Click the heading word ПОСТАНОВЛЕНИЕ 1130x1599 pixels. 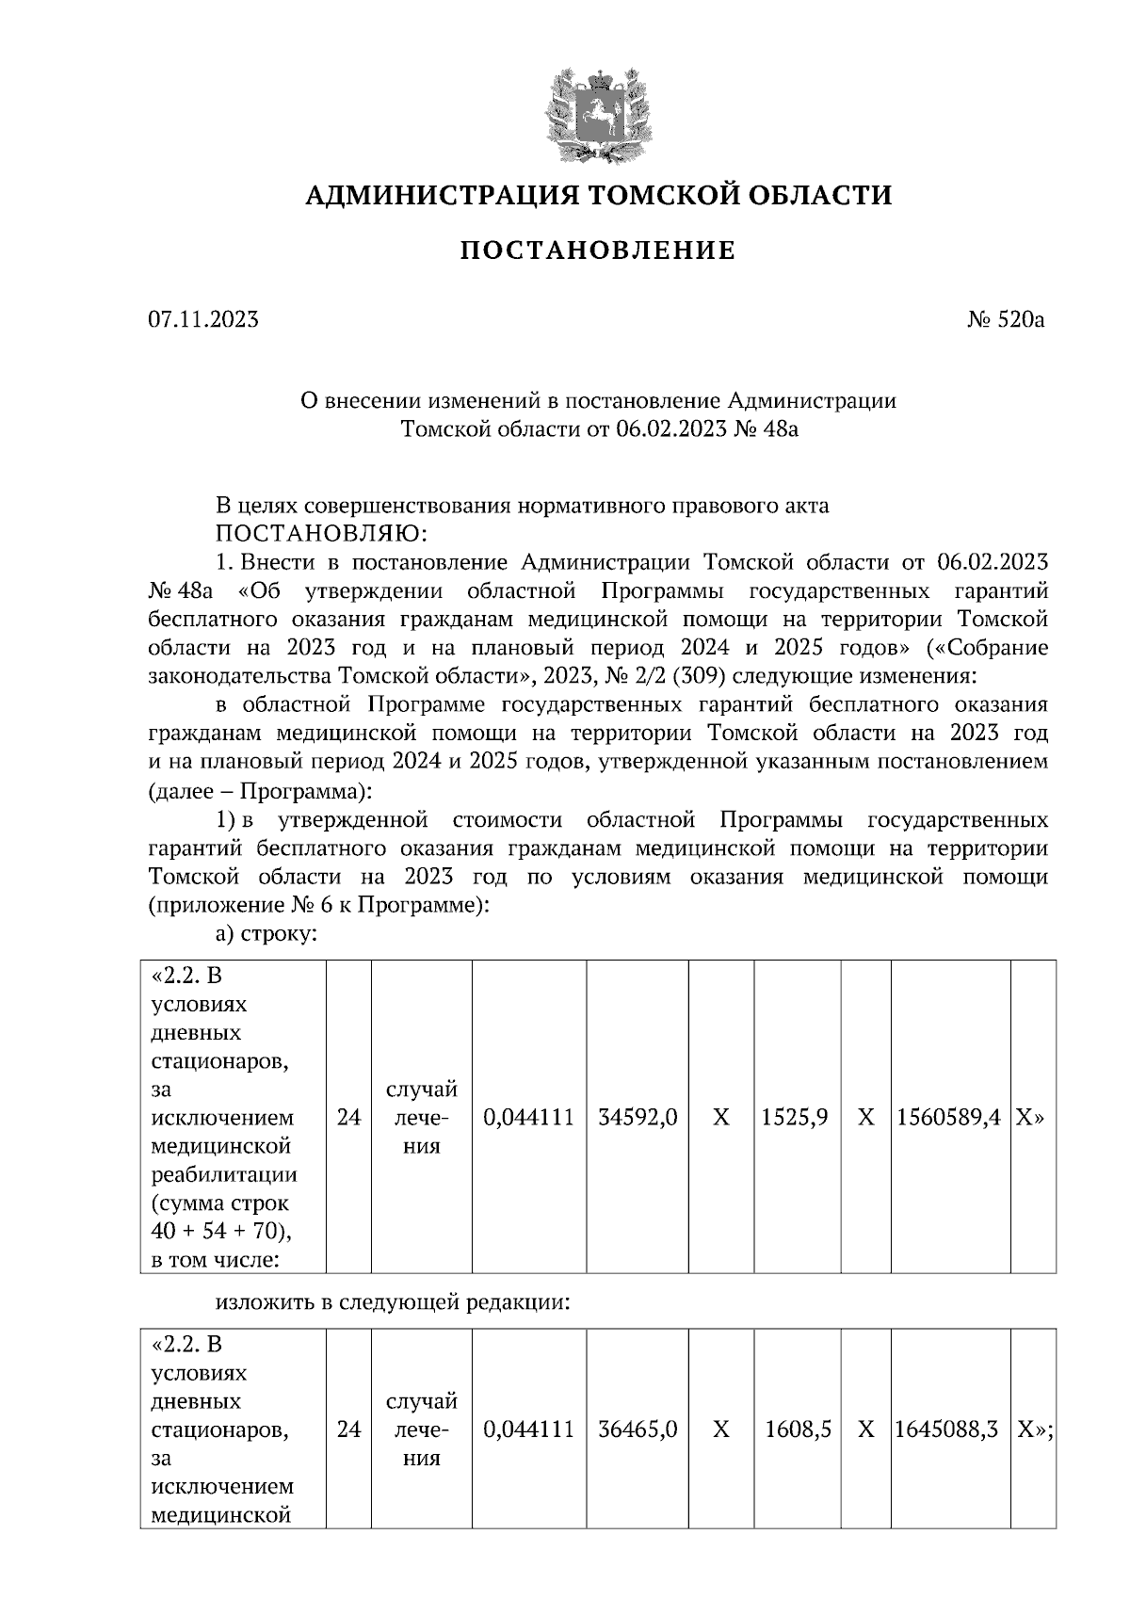tap(597, 251)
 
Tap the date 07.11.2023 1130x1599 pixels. tap(202, 320)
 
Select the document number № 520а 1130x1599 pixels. tap(1006, 320)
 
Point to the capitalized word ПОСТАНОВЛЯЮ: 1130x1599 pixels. tap(321, 534)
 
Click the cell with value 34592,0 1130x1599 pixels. tap(638, 1118)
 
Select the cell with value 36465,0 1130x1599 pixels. tap(638, 1429)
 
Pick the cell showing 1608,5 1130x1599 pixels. tap(798, 1429)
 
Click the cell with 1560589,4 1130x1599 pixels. tap(948, 1118)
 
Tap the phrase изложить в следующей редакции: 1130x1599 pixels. tap(393, 1304)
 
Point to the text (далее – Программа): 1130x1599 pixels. tap(260, 789)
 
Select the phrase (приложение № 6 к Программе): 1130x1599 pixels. tap(318, 906)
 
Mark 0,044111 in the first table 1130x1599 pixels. tap(528, 1118)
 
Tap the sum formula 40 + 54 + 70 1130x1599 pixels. tap(214, 1232)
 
